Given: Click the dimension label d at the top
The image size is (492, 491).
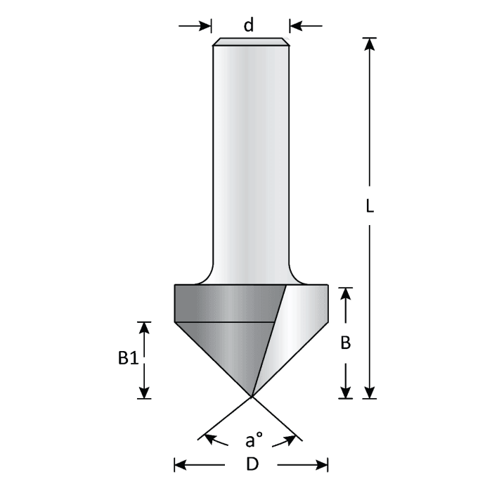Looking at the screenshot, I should point(249,26).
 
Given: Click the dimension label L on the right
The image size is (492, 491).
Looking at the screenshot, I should point(370,207).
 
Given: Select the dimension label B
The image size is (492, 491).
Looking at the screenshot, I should point(345,343).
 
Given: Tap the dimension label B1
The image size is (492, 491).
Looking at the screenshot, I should point(127,359).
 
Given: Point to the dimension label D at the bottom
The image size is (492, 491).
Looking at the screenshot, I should point(251,464).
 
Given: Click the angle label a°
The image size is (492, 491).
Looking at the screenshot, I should point(253,441).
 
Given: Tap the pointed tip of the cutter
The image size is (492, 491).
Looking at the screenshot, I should point(252,395).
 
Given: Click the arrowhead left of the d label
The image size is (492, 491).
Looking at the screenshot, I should point(205,26).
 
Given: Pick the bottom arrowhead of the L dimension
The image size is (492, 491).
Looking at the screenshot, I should point(370,392).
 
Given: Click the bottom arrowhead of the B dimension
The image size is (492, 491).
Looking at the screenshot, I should point(345,392).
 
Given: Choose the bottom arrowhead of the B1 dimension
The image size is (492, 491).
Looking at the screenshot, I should point(144,392).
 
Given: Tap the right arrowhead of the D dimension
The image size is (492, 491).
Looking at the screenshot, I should point(323,464).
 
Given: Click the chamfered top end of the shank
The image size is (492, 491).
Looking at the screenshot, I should point(251,42).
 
